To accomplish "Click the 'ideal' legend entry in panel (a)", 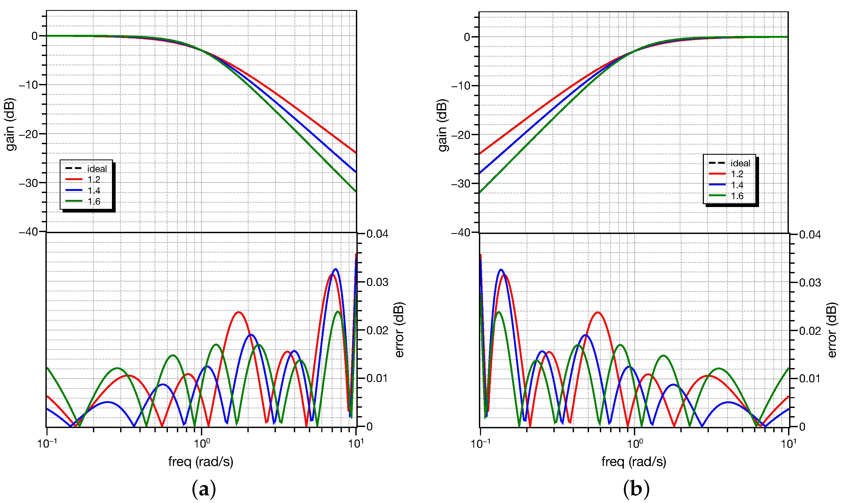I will [x=97, y=168].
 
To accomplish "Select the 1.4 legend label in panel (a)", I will [x=94, y=190].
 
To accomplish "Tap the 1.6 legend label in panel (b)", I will [x=737, y=196].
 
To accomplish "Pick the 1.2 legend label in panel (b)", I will [x=737, y=174].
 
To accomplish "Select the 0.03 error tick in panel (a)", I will [x=377, y=282].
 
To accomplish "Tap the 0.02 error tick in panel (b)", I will [x=810, y=331].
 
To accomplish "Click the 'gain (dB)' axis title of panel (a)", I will [x=10, y=124].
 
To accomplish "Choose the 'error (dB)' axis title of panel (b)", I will [x=832, y=330].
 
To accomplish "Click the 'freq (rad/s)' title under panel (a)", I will [x=201, y=461].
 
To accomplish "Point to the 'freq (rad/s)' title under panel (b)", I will [x=633, y=461].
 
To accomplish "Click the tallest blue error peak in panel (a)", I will [x=336, y=269].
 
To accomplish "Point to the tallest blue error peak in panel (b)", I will [x=501, y=270].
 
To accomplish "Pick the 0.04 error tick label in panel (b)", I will [x=810, y=234].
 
